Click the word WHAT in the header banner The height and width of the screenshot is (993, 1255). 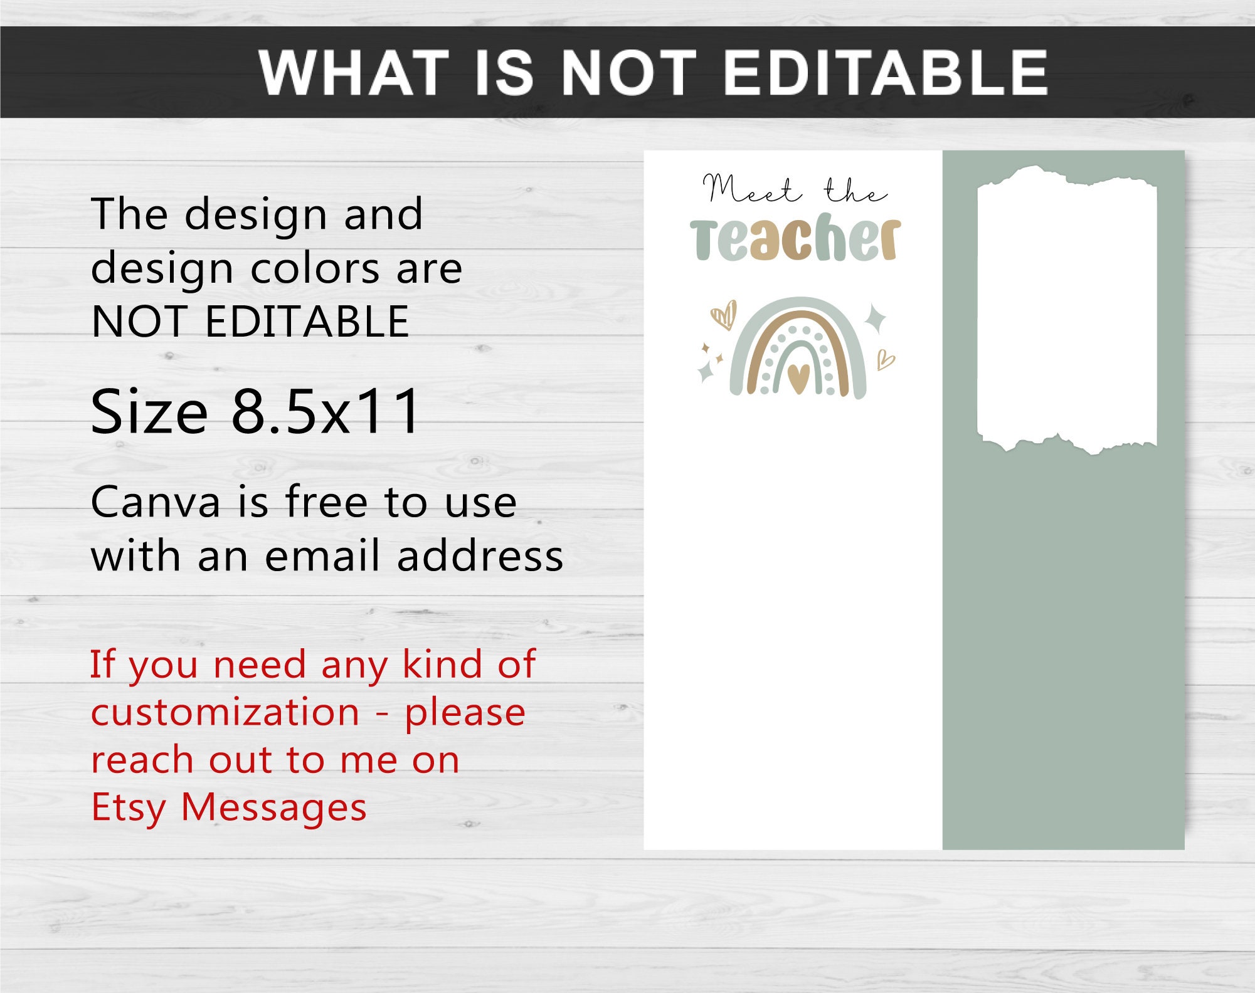click(x=354, y=73)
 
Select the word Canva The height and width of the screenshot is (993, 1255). click(x=155, y=502)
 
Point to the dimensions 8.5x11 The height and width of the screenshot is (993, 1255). click(x=326, y=411)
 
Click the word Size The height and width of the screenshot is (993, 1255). click(x=149, y=411)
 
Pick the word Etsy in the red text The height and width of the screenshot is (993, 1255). click(x=128, y=807)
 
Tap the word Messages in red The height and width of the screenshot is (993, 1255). click(x=273, y=807)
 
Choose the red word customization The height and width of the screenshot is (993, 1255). click(x=225, y=712)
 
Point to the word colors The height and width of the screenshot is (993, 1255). click(x=315, y=268)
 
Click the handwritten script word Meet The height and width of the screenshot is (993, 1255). click(x=751, y=189)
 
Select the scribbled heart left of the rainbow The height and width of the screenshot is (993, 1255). click(x=724, y=315)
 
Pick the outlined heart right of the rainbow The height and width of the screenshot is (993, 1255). click(x=885, y=360)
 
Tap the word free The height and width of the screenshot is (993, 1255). click(x=326, y=502)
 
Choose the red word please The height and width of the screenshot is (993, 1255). click(x=465, y=713)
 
